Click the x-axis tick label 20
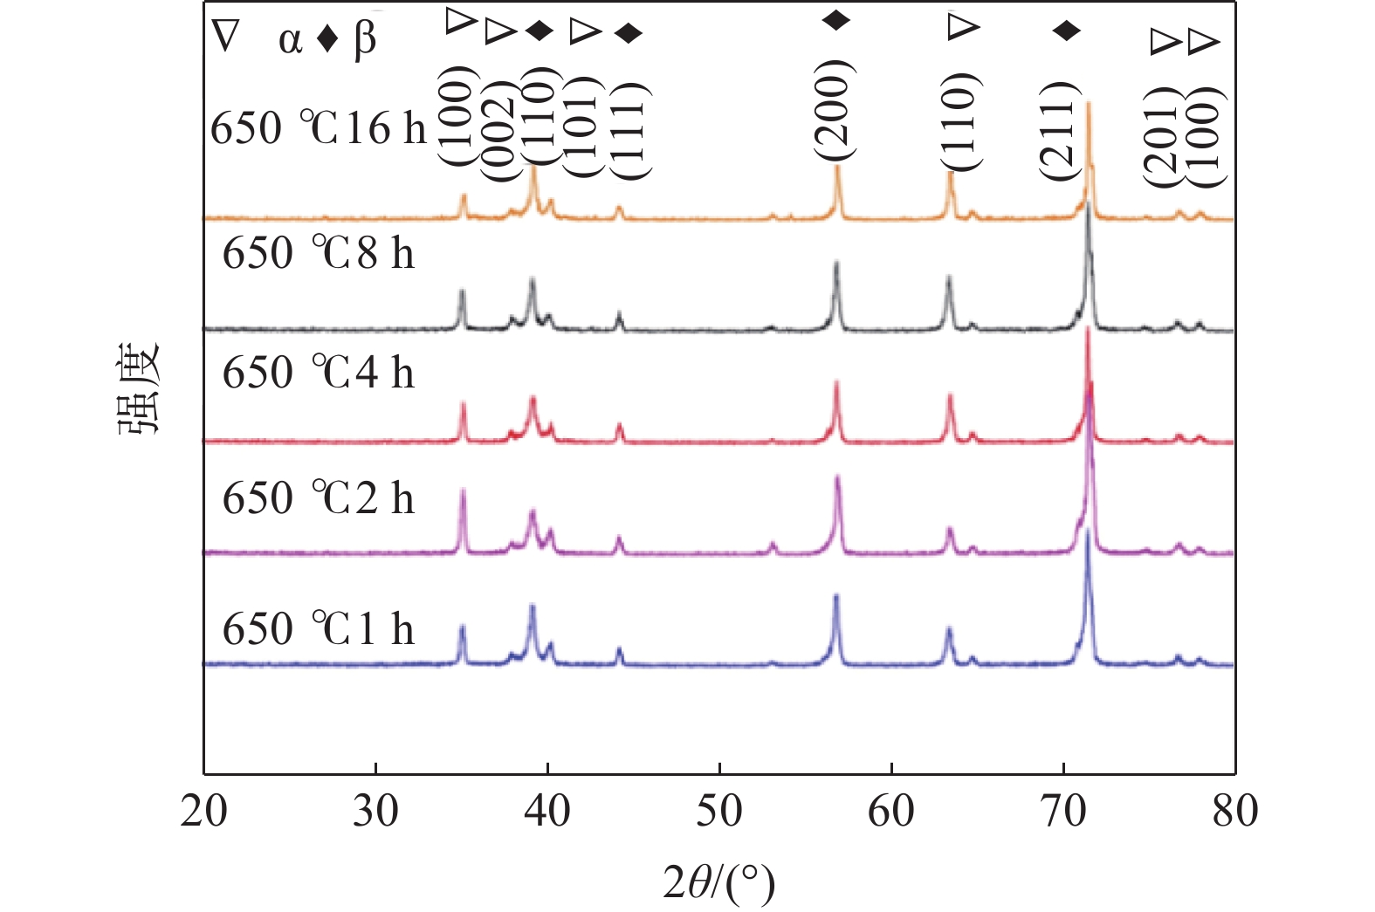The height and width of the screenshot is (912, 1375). click(x=204, y=812)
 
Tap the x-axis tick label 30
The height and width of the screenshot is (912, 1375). click(x=375, y=812)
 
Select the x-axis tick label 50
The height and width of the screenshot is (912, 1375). click(x=719, y=812)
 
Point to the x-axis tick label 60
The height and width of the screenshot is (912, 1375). click(x=891, y=812)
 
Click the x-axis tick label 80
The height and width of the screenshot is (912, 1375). click(x=1234, y=812)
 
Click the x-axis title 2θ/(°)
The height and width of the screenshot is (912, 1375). click(x=719, y=882)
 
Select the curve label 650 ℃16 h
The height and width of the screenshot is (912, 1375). click(x=319, y=129)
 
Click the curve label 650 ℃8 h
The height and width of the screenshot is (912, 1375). click(x=319, y=254)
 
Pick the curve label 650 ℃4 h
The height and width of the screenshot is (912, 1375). click(x=319, y=374)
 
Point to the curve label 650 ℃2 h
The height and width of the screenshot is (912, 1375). click(x=319, y=499)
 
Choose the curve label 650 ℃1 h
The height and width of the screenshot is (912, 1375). click(x=319, y=629)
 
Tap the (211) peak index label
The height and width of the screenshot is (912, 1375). click(x=1058, y=131)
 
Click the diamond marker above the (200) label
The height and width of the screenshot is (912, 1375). click(x=836, y=20)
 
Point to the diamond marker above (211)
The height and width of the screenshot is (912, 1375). click(x=1066, y=31)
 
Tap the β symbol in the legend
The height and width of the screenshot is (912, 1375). click(x=365, y=40)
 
